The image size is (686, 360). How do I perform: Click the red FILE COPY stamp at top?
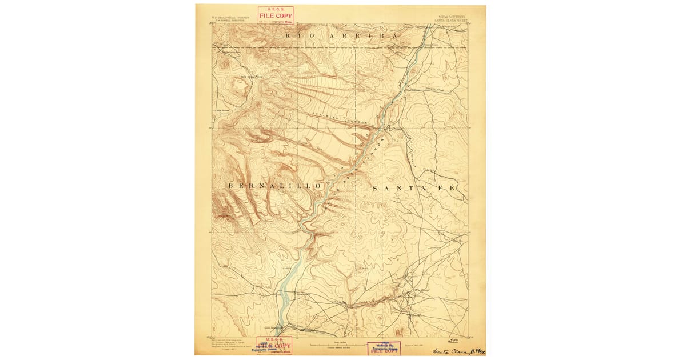click(x=275, y=15)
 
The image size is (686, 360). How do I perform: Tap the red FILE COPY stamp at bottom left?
click(x=274, y=345)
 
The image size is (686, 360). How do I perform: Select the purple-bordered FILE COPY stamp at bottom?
click(x=384, y=349)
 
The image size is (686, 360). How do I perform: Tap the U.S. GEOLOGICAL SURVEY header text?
click(x=228, y=17)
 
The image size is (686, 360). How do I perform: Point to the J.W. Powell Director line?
click(x=228, y=21)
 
